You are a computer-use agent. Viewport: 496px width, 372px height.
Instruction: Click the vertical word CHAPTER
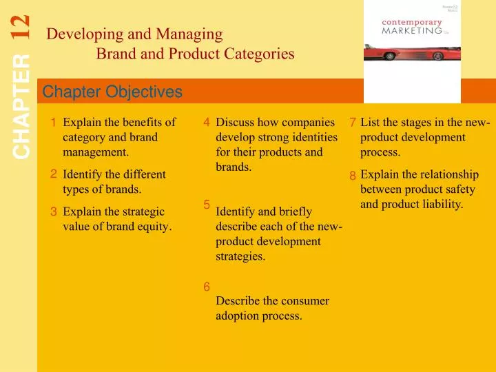21,107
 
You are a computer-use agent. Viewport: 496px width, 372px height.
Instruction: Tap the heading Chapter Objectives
112,92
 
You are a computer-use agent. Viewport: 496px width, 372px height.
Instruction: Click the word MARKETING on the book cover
411,30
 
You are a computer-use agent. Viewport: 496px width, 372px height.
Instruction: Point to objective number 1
53,123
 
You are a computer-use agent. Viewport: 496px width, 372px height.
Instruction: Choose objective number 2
53,174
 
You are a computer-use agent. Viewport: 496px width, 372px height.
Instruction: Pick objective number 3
53,211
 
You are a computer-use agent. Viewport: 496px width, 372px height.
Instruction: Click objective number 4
207,123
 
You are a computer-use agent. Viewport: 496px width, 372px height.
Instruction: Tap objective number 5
207,204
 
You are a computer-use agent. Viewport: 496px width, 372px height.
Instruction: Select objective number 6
207,287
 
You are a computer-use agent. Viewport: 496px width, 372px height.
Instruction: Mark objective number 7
352,123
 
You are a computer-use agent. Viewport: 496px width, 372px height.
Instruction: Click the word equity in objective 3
155,226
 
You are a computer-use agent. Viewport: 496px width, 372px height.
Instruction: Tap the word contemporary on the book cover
411,21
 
